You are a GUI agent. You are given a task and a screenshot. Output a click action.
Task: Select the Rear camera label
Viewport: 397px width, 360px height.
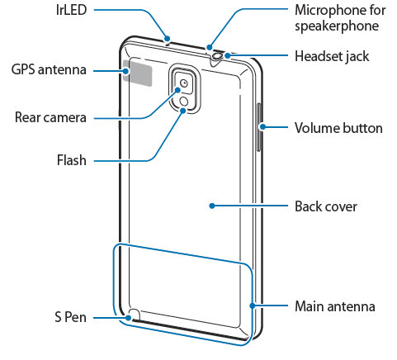pos(50,118)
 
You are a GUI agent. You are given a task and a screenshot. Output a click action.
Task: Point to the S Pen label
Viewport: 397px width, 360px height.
pos(69,318)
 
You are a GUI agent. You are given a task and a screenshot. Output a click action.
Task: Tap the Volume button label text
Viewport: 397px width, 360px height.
pos(338,128)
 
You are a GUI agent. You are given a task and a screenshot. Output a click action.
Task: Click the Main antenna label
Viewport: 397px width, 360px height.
pos(334,306)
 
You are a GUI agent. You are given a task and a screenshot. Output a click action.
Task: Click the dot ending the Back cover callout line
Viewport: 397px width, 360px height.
pos(211,206)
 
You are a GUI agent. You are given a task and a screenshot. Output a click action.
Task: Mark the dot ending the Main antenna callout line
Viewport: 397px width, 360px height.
pos(252,306)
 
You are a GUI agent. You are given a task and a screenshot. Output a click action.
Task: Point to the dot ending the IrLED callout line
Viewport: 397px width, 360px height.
pos(168,37)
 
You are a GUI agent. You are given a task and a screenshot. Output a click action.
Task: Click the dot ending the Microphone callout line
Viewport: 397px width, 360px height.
pos(210,46)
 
